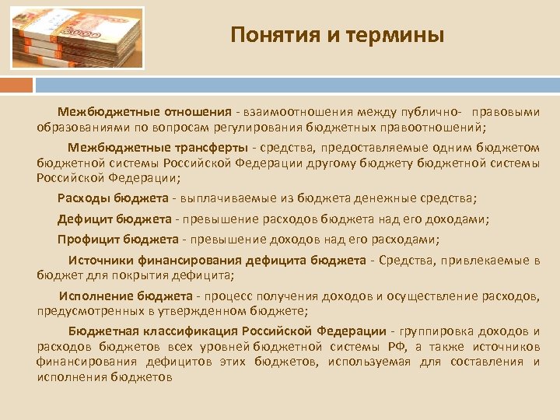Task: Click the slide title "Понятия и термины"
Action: [338, 35]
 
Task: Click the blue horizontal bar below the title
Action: [296, 82]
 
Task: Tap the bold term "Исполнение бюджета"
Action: [125, 296]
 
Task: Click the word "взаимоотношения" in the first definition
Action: [297, 112]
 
